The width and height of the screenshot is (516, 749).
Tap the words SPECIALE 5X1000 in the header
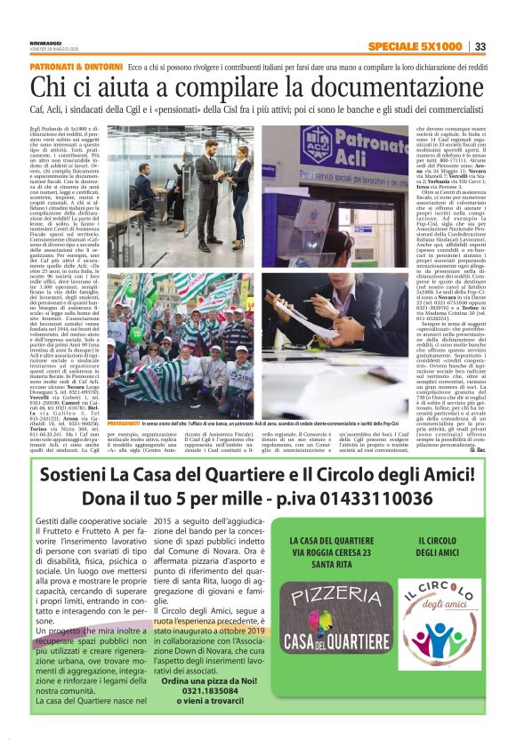[x=414, y=47]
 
